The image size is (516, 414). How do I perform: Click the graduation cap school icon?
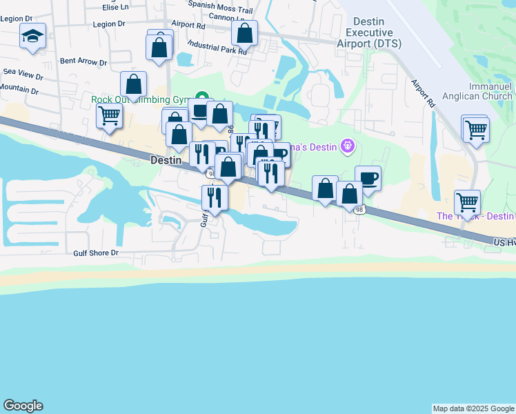point(32,35)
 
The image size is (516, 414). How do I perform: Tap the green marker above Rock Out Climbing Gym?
point(202,97)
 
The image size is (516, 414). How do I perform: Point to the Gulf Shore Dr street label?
point(96,253)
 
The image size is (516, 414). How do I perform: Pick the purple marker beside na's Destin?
point(348,146)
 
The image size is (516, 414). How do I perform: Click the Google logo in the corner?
point(22,406)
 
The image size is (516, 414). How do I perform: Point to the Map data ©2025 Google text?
point(473,408)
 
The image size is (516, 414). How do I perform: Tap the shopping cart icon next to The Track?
point(468,202)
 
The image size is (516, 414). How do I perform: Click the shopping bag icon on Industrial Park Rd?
point(244,32)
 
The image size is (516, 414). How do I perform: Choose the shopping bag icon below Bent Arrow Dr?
point(133,84)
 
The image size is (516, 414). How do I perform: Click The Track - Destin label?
point(476,217)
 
